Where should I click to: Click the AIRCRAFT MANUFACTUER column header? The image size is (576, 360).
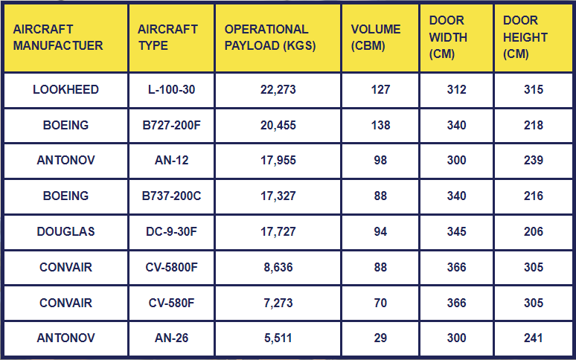(58, 37)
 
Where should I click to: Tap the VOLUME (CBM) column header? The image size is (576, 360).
(376, 37)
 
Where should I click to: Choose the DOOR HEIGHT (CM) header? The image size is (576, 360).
(525, 37)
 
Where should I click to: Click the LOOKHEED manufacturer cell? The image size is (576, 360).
(65, 90)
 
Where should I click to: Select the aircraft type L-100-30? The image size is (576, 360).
(171, 90)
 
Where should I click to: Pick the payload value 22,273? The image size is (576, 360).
(278, 90)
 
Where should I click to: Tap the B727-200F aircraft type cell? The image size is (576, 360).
(171, 126)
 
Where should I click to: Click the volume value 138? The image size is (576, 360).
(380, 126)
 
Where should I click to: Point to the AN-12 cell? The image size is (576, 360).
(171, 161)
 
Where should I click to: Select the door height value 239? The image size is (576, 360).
(534, 161)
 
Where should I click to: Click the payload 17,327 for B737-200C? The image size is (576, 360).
(278, 196)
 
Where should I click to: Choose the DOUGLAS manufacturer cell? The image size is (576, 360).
(65, 232)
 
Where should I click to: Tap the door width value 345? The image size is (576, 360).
(456, 232)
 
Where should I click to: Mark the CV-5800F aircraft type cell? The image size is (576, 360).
(171, 267)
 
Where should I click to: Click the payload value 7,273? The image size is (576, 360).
(278, 303)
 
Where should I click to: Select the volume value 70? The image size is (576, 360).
(380, 303)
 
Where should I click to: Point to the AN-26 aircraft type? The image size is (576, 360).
(171, 338)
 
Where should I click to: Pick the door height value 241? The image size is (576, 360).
(534, 338)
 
